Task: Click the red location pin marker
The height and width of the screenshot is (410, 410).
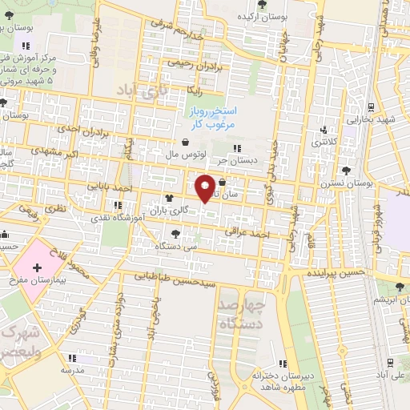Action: pos(206,187)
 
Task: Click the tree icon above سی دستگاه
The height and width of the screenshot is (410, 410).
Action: pos(175,234)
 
